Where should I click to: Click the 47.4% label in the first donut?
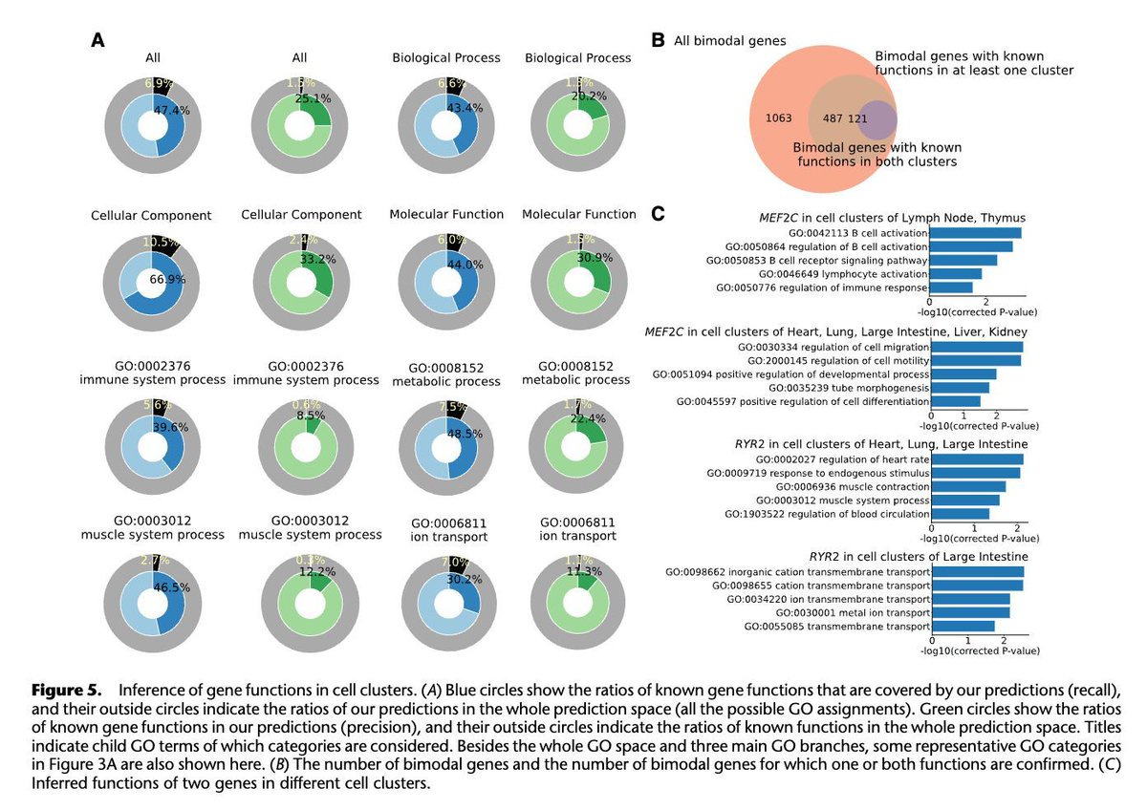[171, 111]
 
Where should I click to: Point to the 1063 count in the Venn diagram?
[779, 117]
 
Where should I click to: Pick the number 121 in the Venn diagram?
[857, 117]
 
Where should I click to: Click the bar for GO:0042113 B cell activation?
[976, 232]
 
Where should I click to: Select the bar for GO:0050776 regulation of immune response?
[951, 288]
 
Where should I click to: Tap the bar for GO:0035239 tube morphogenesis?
[960, 388]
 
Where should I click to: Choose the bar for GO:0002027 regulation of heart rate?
[977, 459]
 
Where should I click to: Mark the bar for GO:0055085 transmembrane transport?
[963, 627]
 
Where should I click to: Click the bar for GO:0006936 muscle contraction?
[968, 486]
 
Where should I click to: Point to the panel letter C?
[658, 213]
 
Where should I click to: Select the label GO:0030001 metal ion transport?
[852, 612]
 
